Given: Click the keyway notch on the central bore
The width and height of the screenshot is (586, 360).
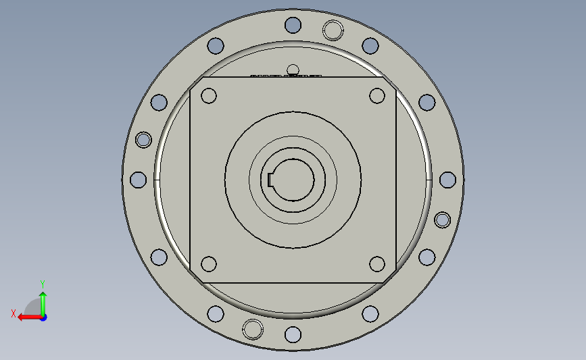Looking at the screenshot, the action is point(270,180).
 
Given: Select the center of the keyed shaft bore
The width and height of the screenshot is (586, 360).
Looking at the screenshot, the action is point(293,180).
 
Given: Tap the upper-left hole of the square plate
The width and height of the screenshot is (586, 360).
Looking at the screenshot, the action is point(209,96).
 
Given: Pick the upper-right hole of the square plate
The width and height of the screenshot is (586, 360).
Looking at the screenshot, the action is point(377,96).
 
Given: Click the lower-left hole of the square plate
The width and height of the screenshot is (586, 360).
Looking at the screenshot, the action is point(209,264).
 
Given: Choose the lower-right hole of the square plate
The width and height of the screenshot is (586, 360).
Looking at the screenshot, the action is point(377,264).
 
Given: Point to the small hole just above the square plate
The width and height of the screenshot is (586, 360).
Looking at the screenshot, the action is point(293,70).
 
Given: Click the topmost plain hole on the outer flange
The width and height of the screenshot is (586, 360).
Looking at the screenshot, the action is point(293,25).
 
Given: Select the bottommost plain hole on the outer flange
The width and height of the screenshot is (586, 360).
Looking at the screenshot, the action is point(293,334).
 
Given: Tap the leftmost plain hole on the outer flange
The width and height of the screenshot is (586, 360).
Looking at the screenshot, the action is point(138,180).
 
